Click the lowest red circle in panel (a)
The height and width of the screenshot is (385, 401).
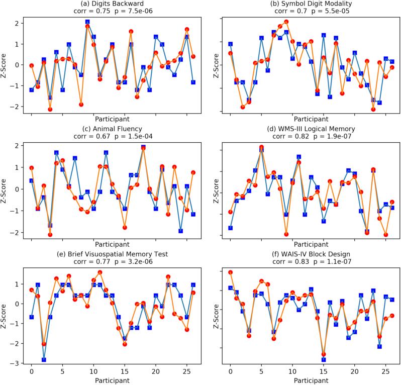click(50, 109)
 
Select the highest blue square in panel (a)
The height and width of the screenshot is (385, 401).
click(87, 22)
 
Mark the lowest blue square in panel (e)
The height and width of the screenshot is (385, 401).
click(44, 360)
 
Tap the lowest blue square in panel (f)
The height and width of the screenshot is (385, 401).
click(324, 360)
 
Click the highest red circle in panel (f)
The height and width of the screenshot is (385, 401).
click(230, 273)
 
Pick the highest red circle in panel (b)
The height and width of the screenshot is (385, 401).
click(286, 22)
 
